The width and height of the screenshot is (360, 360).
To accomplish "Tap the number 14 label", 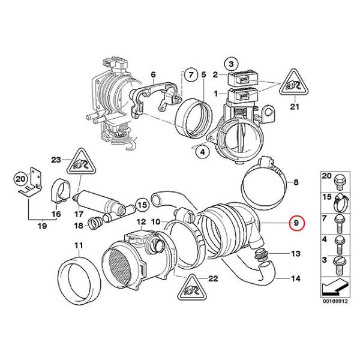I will tap(296, 279).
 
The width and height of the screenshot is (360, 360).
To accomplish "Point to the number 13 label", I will tap(296, 254).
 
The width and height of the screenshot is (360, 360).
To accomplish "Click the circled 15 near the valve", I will tap(142, 205).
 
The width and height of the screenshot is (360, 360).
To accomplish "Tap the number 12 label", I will tap(142, 222).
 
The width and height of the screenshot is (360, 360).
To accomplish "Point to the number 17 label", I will tap(79, 213).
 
